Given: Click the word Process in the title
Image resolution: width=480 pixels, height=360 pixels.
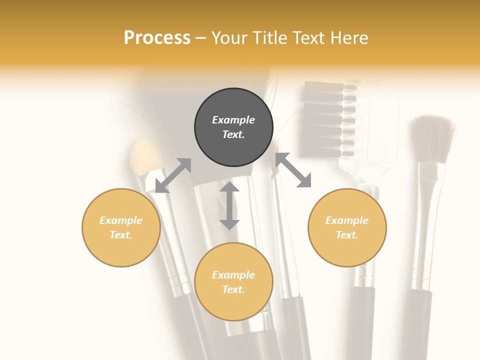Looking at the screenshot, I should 157,38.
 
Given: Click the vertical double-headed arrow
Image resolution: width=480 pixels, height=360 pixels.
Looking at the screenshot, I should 229,205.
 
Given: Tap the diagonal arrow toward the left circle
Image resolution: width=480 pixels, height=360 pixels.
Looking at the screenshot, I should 173,175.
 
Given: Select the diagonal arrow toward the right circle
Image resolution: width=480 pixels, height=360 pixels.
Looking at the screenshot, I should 293,170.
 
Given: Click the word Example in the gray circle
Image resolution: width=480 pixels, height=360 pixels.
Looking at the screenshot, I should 233,120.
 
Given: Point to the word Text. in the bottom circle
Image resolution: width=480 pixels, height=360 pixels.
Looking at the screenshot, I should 233,289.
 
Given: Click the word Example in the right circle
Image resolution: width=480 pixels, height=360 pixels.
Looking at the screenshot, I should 347,220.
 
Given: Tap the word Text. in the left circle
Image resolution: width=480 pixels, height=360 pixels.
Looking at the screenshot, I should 121,235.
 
